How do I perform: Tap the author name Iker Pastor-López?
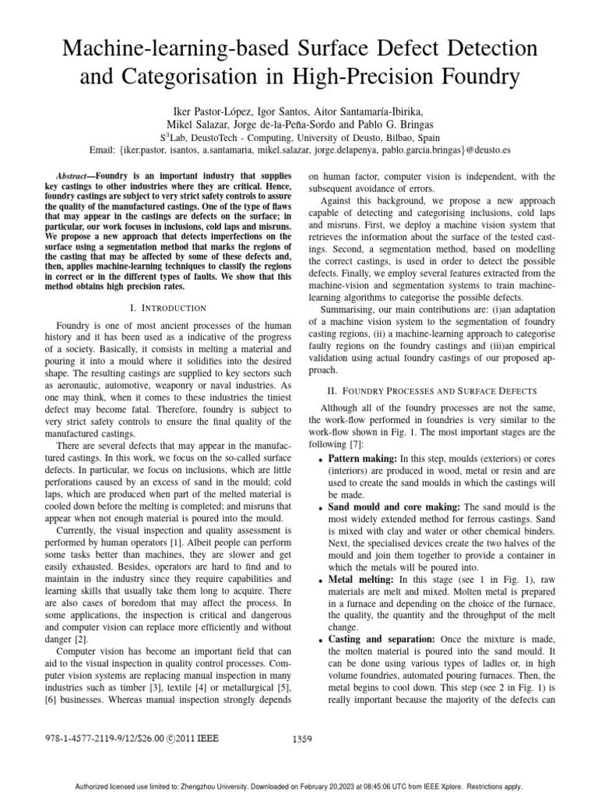tap(209, 108)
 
